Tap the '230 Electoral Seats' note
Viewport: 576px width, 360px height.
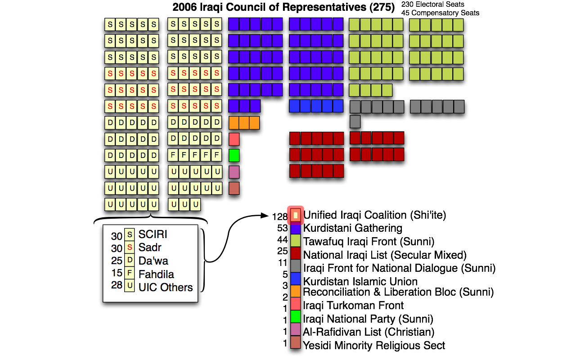433,4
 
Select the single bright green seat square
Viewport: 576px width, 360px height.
234,155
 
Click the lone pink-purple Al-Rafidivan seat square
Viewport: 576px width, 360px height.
234,172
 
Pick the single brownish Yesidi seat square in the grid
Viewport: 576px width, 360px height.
234,188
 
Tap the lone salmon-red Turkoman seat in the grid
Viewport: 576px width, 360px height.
234,139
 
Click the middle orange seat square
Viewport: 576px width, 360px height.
244,122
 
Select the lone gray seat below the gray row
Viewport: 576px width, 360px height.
355,121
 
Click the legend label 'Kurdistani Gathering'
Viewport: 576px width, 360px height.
352,228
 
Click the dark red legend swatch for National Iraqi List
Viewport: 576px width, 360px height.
295,255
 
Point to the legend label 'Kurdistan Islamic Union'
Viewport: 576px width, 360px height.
360,282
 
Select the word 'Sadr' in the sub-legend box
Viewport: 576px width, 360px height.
150,247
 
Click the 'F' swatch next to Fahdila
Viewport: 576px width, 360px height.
130,273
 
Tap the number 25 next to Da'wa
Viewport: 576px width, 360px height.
117,260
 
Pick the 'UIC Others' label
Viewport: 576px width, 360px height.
165,287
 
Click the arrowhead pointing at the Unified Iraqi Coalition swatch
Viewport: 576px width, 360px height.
265,216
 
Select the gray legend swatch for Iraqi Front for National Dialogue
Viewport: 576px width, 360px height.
295,268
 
